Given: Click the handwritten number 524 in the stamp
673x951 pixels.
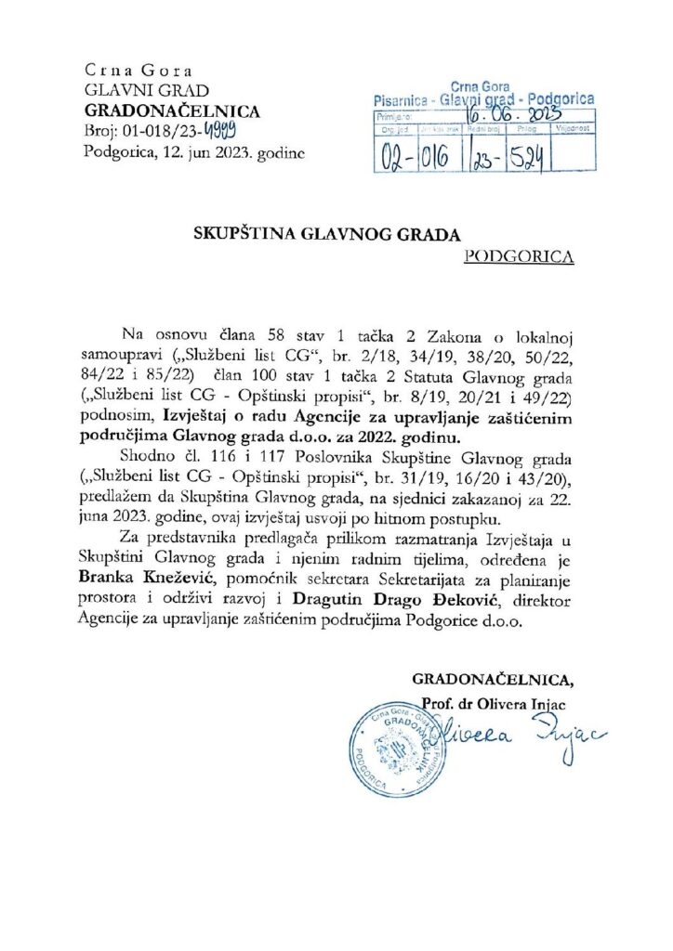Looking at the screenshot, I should point(526,158).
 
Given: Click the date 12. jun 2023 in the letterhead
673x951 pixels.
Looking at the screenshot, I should point(209,153).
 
